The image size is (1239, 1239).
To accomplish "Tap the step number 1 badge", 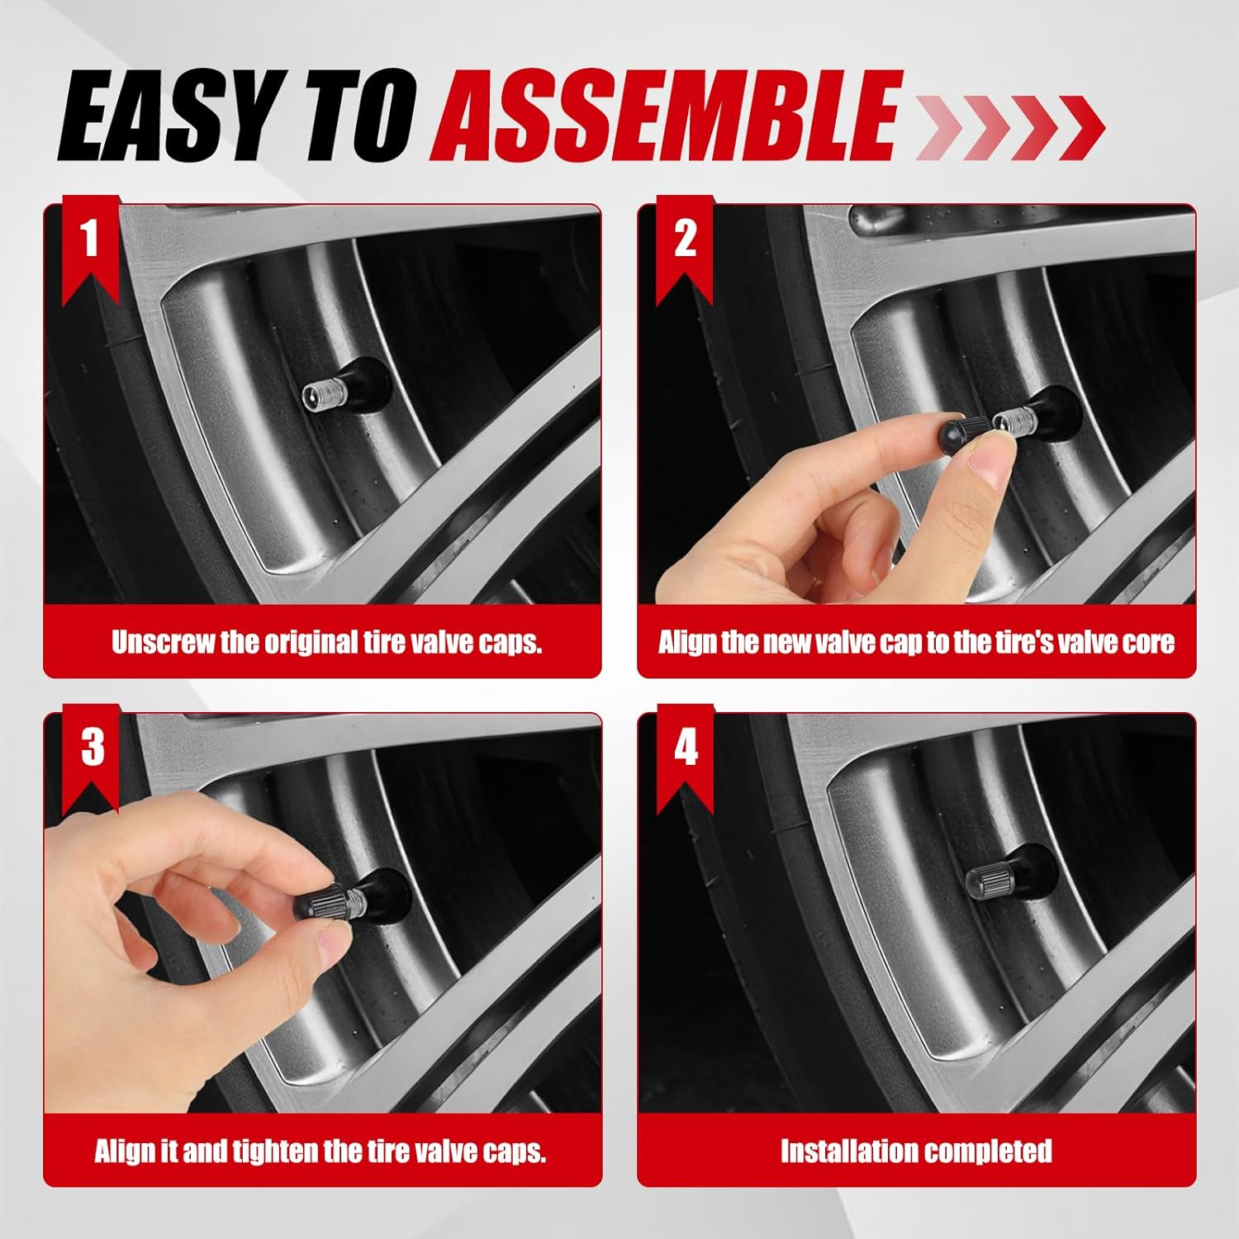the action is [91, 247].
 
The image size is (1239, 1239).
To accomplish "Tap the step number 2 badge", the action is [685, 247].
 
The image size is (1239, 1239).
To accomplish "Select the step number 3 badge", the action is [92, 756].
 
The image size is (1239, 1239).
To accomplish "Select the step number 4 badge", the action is [686, 756].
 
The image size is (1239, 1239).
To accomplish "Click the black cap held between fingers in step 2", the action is [963, 430].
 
